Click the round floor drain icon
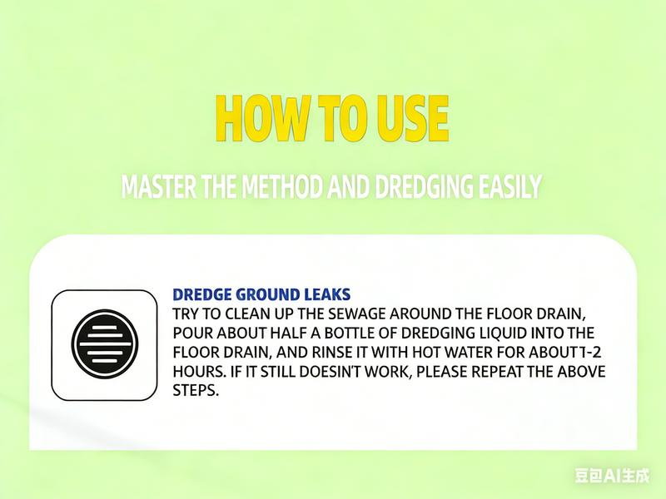click(103, 343)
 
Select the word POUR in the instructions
click(191, 333)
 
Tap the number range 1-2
click(588, 352)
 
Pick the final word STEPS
click(195, 390)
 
